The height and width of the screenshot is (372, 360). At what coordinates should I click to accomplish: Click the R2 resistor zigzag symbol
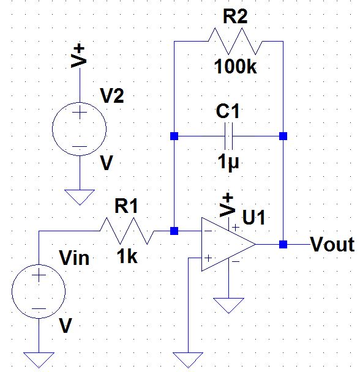click(236, 42)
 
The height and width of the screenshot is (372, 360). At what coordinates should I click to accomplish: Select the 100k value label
click(236, 67)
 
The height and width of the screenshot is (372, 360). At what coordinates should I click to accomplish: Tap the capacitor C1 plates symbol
click(228, 135)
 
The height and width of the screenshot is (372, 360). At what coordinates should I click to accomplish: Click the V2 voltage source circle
click(80, 130)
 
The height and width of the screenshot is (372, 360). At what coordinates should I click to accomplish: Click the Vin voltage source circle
click(38, 292)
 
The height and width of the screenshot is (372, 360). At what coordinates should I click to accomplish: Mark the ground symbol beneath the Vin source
click(38, 359)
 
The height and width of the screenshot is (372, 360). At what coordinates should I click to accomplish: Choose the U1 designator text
click(255, 217)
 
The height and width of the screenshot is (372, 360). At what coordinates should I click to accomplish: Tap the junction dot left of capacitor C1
click(174, 135)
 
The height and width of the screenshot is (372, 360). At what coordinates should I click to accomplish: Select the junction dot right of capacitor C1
click(283, 135)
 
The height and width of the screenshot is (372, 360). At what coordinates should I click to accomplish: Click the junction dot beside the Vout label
click(283, 245)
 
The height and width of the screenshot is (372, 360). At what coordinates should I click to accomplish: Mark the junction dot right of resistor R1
click(174, 231)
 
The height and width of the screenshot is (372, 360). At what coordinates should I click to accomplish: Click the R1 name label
click(127, 206)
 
